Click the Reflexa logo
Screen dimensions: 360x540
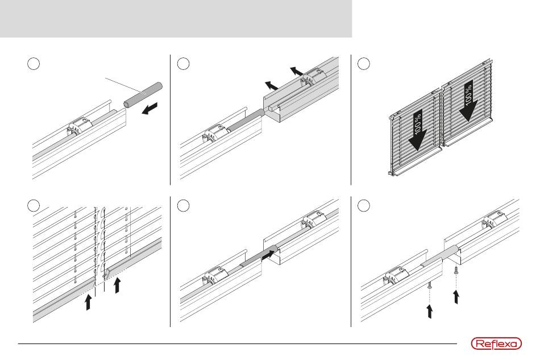pyautogui.click(x=493, y=344)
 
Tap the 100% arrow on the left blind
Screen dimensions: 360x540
pyautogui.click(x=418, y=131)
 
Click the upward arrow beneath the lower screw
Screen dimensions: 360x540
pyautogui.click(x=430, y=311)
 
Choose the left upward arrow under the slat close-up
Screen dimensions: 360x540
pyautogui.click(x=88, y=301)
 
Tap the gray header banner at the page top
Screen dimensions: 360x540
pyautogui.click(x=176, y=18)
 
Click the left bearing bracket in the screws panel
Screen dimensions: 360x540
pyautogui.click(x=396, y=277)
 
